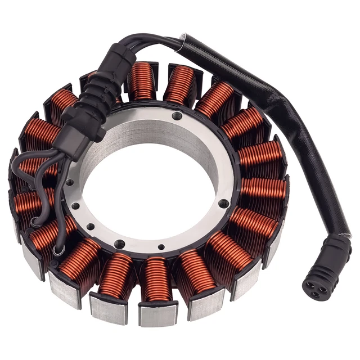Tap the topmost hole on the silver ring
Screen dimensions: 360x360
click(178, 116)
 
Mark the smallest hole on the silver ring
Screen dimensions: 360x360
click(161, 246)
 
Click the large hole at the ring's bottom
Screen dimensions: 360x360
click(119, 244)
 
